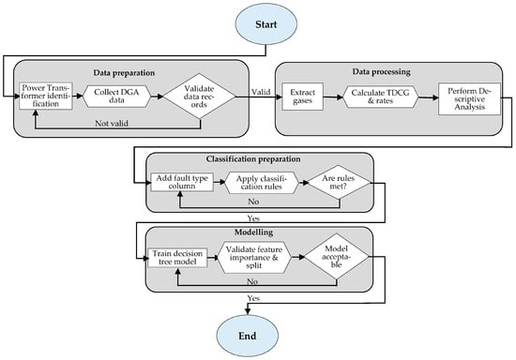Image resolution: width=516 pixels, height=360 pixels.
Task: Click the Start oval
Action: (x=266, y=24)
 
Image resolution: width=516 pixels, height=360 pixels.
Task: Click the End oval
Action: (x=247, y=336)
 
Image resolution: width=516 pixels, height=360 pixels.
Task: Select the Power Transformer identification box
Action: (x=46, y=96)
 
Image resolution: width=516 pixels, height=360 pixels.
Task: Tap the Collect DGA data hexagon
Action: (x=116, y=97)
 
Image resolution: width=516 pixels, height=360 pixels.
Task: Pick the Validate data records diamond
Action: (x=200, y=96)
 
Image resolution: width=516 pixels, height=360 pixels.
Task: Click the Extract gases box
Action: (x=302, y=97)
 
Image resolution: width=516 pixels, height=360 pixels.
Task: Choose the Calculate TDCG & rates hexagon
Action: (x=380, y=97)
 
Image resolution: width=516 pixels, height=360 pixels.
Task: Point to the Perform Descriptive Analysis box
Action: (x=469, y=98)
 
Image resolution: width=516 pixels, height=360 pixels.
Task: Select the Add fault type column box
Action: (x=182, y=182)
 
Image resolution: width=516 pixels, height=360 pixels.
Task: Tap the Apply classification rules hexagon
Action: (x=262, y=183)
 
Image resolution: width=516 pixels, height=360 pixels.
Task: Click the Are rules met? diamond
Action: (x=339, y=182)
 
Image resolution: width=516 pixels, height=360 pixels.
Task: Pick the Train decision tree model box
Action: (x=177, y=258)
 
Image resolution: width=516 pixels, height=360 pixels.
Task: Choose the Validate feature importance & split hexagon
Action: (x=254, y=258)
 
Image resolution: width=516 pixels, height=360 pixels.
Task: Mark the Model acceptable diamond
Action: (x=336, y=257)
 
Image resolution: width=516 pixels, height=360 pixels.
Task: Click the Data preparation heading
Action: (x=124, y=73)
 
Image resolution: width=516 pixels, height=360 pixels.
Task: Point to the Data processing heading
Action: (x=382, y=71)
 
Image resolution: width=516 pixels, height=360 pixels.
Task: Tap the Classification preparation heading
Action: (x=253, y=159)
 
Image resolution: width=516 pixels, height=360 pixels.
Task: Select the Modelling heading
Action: (x=253, y=232)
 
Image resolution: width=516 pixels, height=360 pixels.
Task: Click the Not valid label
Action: (x=112, y=124)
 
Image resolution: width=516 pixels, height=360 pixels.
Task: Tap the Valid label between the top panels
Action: (x=261, y=92)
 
